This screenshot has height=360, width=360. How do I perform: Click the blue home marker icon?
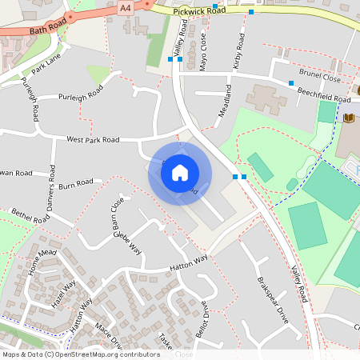click(x=180, y=173)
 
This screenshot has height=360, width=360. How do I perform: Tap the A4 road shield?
click(x=125, y=7)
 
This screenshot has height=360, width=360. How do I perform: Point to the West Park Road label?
click(x=92, y=140)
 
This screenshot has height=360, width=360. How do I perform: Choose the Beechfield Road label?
click(x=323, y=95)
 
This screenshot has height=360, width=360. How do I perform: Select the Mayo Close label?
click(x=203, y=50)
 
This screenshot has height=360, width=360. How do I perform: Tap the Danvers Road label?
click(x=52, y=190)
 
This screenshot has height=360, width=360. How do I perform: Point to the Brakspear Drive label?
click(x=267, y=300)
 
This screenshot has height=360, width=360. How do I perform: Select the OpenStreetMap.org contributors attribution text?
click(x=108, y=354)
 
